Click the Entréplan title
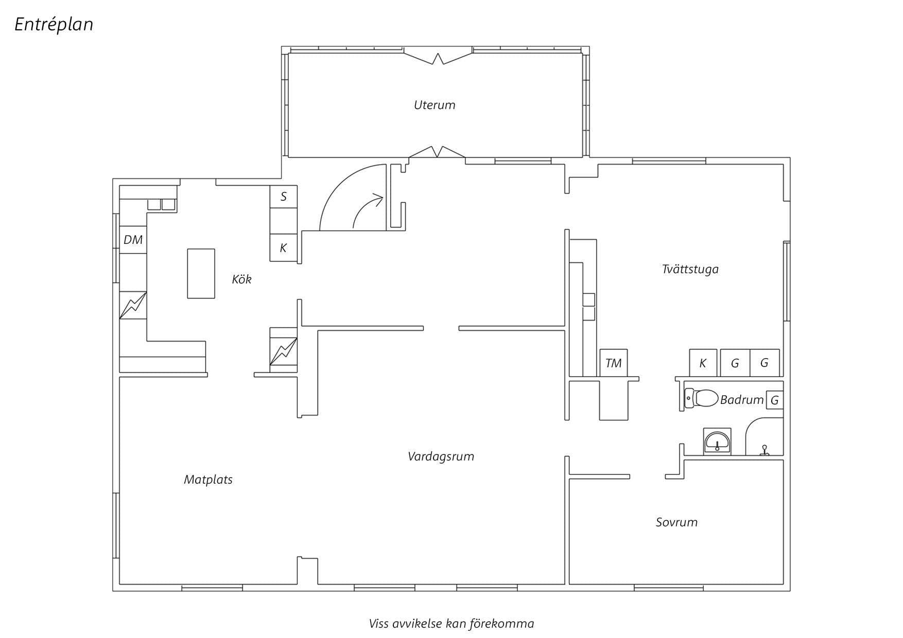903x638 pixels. coord(54,25)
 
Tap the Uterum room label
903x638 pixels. coord(435,105)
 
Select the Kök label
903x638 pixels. coord(241,279)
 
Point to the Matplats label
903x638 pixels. coord(208,480)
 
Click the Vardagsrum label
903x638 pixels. coord(441,456)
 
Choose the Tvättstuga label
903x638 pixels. coord(690,269)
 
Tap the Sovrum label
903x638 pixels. coord(676,522)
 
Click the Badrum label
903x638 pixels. coord(741,400)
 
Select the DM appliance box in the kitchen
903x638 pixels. coord(133,240)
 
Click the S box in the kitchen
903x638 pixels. coord(284,197)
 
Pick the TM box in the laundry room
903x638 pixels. coord(614,363)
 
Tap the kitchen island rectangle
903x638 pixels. coord(201,274)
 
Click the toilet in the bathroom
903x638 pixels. coord(701,398)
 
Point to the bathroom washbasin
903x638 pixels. coord(717,441)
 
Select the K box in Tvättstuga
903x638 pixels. coord(703,363)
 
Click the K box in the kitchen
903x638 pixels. coord(284,248)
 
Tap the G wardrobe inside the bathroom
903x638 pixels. coord(775,400)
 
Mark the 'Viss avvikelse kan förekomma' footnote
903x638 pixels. coord(451,624)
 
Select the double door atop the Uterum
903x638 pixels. coord(438,56)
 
